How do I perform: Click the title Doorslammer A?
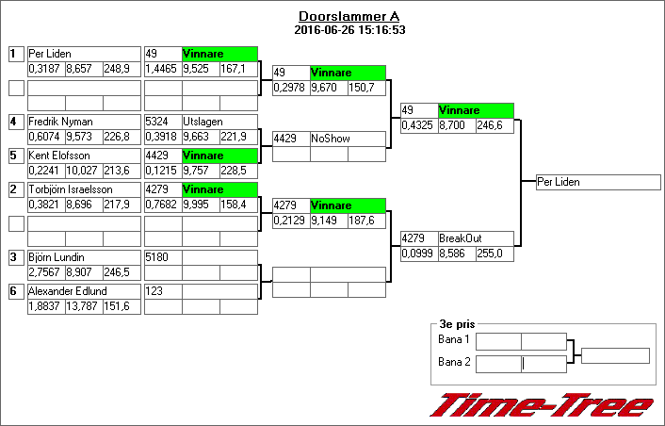tap(349, 17)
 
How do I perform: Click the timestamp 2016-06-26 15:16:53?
tap(349, 29)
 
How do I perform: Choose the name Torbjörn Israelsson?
tap(64, 189)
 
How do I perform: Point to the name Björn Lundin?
tap(56, 257)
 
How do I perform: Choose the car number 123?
tap(156, 291)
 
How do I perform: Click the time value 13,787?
tap(84, 306)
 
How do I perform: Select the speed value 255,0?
tap(494, 254)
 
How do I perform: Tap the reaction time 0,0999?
tap(418, 254)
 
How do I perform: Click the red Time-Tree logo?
tap(541, 405)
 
